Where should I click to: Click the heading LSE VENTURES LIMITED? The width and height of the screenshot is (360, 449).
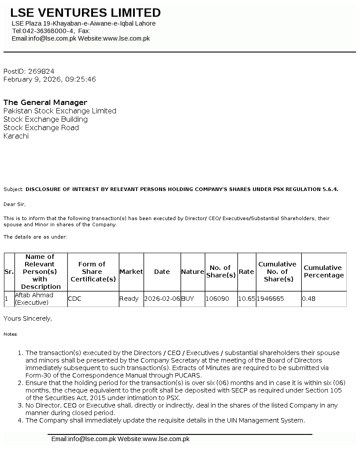tap(85, 13)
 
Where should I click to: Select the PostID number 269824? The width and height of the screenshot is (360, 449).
tap(41, 71)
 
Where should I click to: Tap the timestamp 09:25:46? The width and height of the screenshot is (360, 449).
tap(80, 79)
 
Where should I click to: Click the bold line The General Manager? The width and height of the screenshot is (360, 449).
tap(45, 103)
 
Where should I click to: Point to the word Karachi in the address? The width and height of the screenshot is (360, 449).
tap(16, 136)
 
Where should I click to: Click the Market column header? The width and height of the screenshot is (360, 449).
tap(131, 272)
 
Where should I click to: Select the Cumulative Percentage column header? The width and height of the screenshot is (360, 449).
tap(323, 272)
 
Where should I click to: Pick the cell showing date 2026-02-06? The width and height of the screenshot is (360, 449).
tap(162, 299)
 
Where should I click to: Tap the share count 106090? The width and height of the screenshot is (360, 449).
tap(218, 299)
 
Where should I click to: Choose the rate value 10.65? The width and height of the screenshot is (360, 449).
tap(246, 299)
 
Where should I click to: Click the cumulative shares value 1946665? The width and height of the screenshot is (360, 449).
tap(271, 299)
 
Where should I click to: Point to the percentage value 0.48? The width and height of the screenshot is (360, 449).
tap(309, 299)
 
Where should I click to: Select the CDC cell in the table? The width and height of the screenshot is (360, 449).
tap(75, 299)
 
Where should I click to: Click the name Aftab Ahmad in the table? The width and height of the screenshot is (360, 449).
tap(34, 295)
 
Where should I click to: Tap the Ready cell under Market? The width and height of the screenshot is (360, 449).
tap(129, 299)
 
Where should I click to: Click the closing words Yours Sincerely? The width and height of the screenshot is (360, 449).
tap(27, 318)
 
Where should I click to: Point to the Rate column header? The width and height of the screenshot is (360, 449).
tap(246, 272)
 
